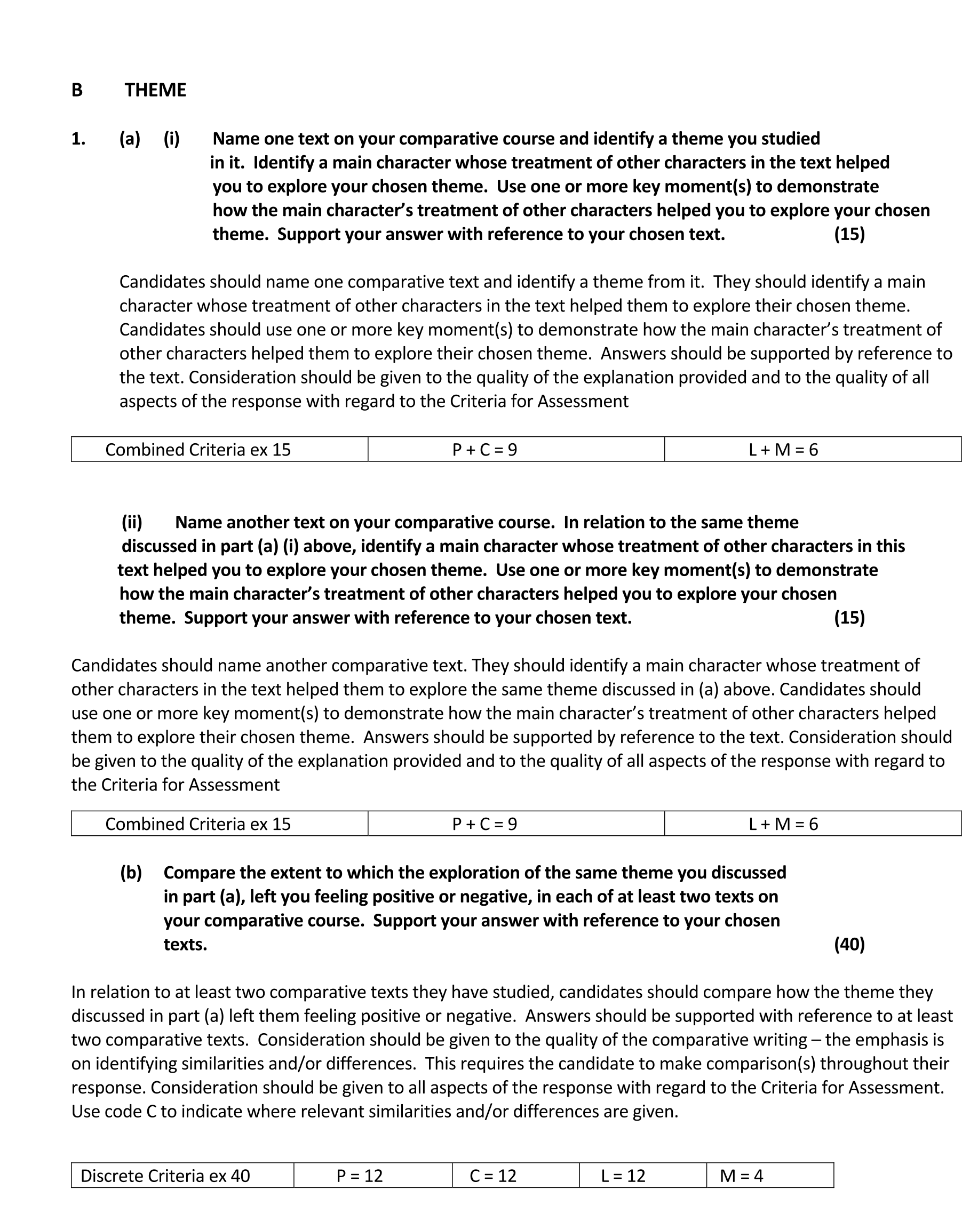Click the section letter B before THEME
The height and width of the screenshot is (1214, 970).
pyautogui.click(x=77, y=90)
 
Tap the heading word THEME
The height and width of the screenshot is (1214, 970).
pyautogui.click(x=155, y=90)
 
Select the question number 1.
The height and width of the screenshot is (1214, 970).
pyautogui.click(x=78, y=139)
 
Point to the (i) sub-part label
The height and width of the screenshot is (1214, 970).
pyautogui.click(x=172, y=139)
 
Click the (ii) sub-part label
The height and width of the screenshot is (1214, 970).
pyautogui.click(x=132, y=522)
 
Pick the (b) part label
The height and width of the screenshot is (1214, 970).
pyautogui.click(x=131, y=872)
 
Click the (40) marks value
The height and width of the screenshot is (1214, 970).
pyautogui.click(x=849, y=944)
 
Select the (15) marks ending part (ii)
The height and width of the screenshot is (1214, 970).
pyautogui.click(x=849, y=618)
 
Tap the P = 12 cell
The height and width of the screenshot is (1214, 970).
pyautogui.click(x=360, y=1176)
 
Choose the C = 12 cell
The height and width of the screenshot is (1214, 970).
pyautogui.click(x=493, y=1176)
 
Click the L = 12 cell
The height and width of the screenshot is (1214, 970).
pyautogui.click(x=623, y=1176)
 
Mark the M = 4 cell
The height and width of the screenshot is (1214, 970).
pyautogui.click(x=741, y=1176)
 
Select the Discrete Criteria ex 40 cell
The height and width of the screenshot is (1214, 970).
pyautogui.click(x=165, y=1176)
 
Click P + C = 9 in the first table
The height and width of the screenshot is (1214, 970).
pyautogui.click(x=484, y=449)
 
